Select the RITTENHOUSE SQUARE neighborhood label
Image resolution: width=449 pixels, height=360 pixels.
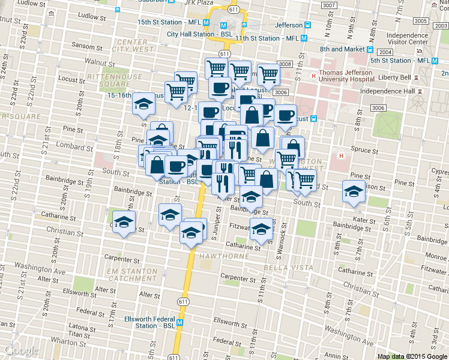point(115,81)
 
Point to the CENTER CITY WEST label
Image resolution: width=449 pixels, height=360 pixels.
point(133,46)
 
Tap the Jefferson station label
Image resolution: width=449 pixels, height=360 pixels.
point(289,25)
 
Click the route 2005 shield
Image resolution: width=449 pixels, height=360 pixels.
point(421,21)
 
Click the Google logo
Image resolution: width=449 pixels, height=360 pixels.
point(22,351)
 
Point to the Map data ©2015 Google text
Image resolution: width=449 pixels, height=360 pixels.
point(412,356)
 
